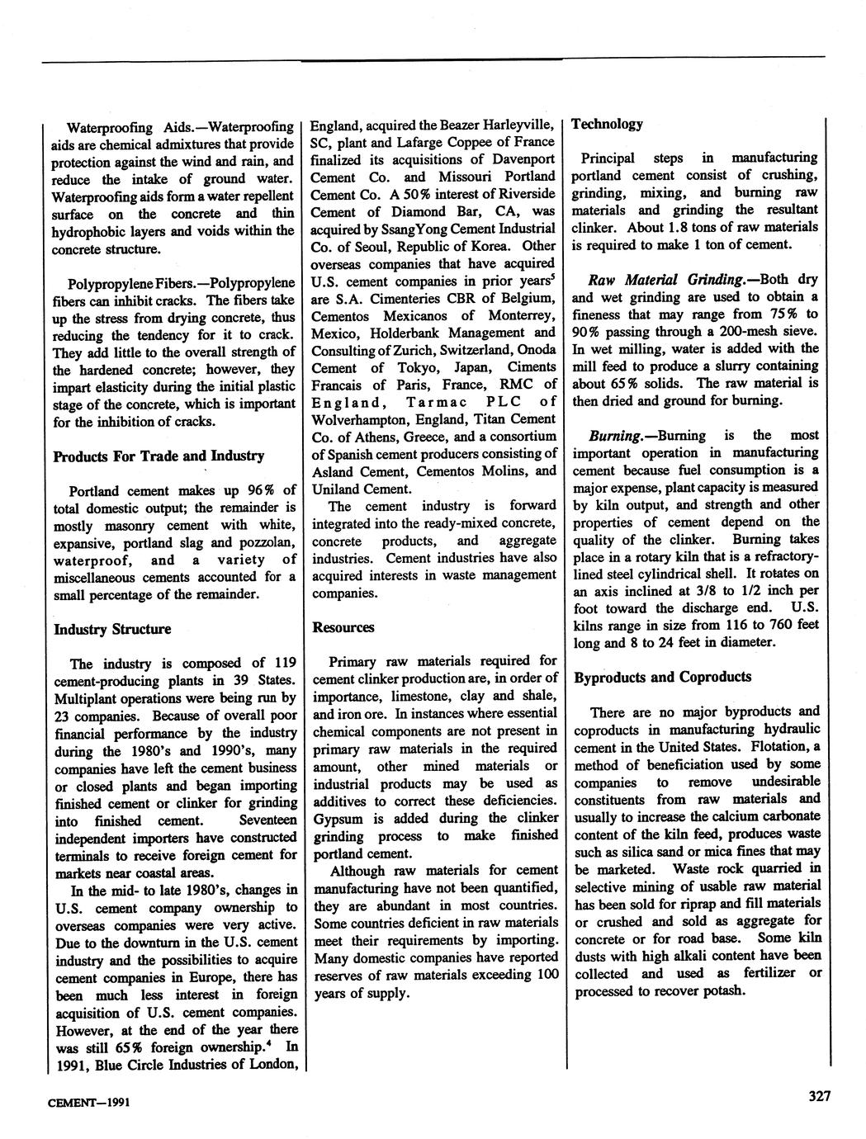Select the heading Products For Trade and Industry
coord(159,456)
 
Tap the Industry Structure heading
coord(112,629)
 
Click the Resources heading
coord(343,627)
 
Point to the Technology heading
coord(607,124)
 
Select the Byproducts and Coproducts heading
coord(662,677)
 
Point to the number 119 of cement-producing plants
coord(285,664)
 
